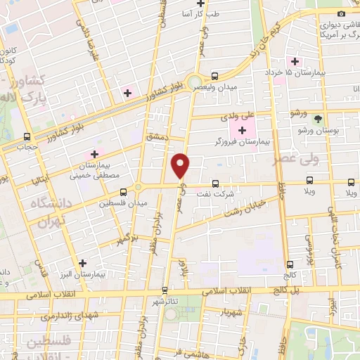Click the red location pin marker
181,166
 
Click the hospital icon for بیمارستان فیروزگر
243,129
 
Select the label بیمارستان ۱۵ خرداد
325,73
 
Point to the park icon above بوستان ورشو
318,119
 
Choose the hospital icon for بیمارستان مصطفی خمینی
94,154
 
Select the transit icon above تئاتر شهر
165,290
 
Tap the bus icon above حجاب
27,137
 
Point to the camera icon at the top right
342,14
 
